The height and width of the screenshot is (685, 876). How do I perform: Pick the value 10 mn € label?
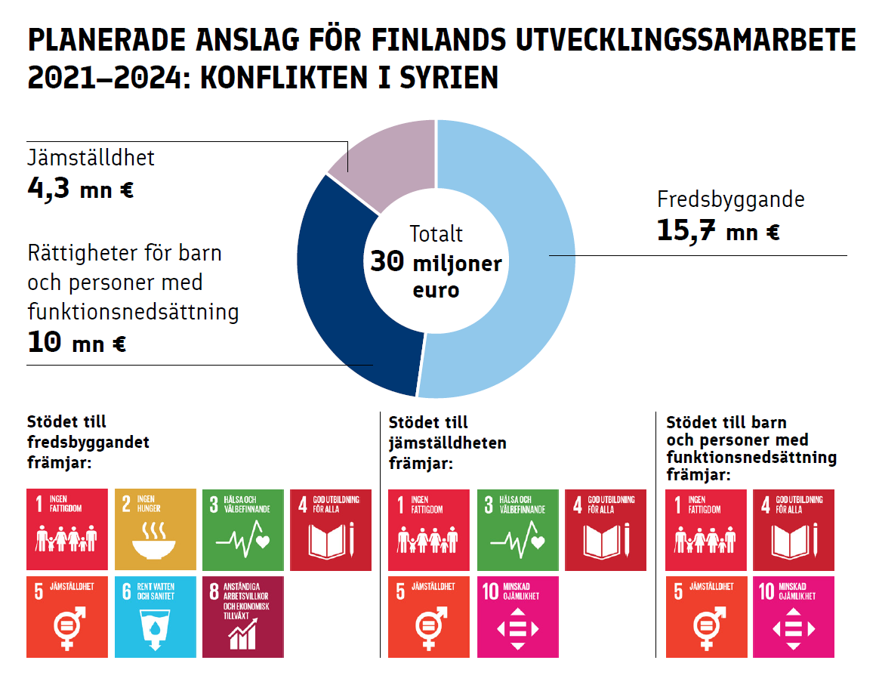point(76,344)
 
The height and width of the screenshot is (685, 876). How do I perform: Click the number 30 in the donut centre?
point(387,263)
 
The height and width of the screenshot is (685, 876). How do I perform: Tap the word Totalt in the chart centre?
point(436,234)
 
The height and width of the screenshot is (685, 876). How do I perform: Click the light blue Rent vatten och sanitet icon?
point(155,616)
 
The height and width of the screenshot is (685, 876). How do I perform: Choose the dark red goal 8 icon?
point(242,616)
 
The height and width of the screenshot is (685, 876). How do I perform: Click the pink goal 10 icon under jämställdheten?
point(517,616)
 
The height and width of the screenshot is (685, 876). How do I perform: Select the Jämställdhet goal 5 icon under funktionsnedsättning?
point(705,616)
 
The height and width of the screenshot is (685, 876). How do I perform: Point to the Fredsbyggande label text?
point(730,200)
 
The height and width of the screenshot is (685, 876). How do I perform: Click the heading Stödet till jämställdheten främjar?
point(447,442)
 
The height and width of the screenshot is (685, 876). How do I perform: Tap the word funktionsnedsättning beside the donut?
point(133,311)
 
